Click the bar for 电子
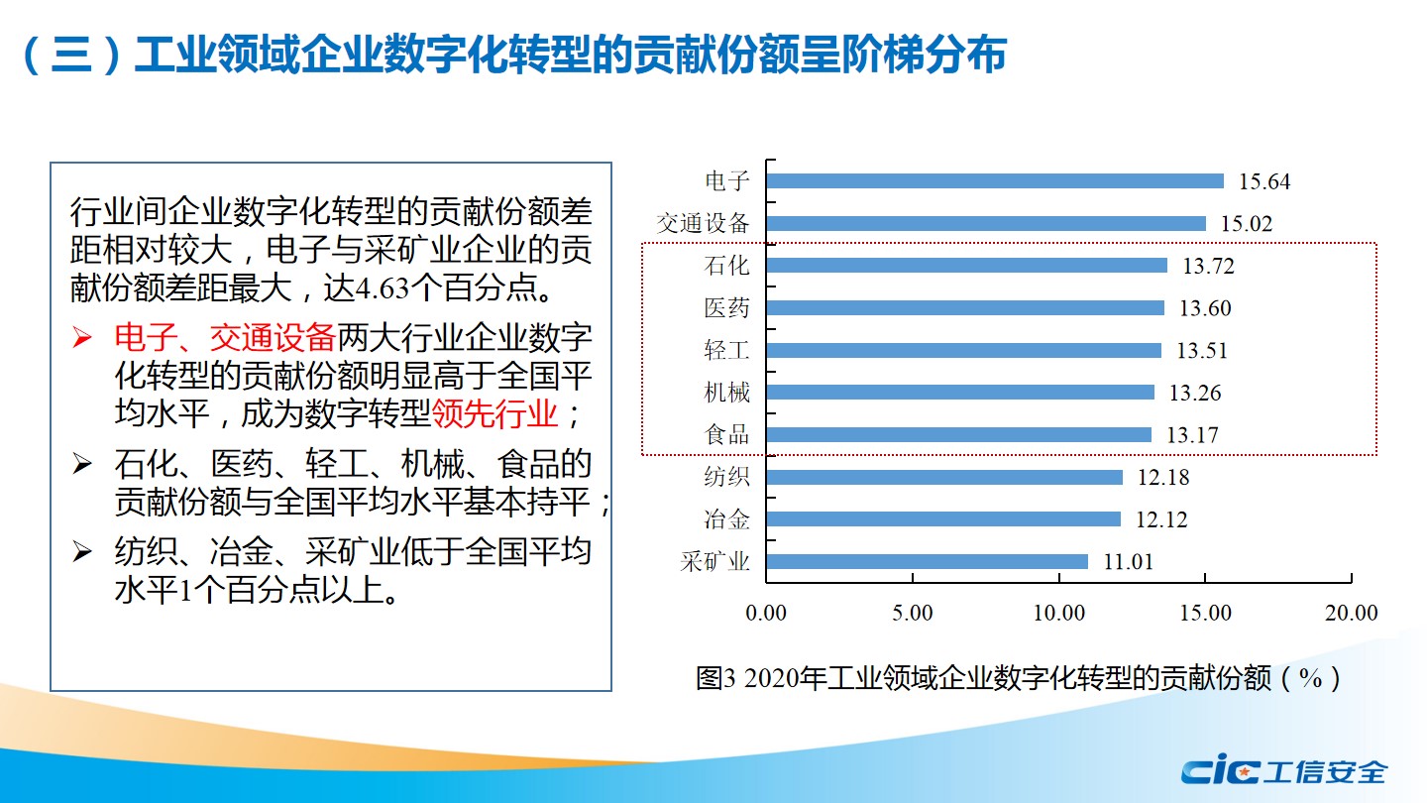[994, 181]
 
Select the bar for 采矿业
[927, 562]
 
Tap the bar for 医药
[964, 308]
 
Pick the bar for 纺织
[943, 478]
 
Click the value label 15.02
[1246, 224]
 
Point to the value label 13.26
[1194, 394]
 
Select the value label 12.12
[1160, 520]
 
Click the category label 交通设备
[704, 224]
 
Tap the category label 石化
[727, 266]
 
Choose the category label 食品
[727, 435]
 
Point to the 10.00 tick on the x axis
[1059, 614]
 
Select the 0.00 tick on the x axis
[766, 614]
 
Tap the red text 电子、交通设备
[225, 339]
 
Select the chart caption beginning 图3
[1019, 679]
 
